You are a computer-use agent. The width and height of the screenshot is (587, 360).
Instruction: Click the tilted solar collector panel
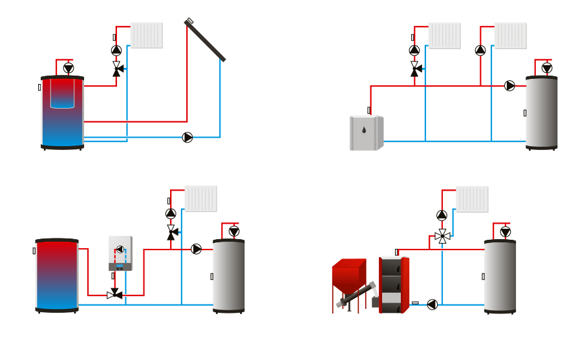[x=205, y=40]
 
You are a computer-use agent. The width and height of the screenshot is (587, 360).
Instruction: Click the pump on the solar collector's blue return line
[x=187, y=137]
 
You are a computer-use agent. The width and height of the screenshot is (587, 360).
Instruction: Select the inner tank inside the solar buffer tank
[x=62, y=94]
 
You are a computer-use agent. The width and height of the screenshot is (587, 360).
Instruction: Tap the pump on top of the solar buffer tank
[x=69, y=68]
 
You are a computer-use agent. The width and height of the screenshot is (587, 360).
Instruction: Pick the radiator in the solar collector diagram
[x=147, y=36]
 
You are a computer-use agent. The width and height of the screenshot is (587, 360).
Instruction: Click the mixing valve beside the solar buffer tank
[x=116, y=68]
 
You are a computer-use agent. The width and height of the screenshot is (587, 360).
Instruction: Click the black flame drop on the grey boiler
[x=364, y=130]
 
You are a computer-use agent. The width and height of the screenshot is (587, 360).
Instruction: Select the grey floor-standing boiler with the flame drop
[x=366, y=133]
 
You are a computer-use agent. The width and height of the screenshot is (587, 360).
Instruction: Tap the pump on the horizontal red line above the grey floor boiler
[x=509, y=85]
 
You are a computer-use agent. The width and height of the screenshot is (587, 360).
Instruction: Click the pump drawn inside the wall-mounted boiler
[x=120, y=249]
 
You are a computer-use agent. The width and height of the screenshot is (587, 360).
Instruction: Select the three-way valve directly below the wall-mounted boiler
[x=115, y=295]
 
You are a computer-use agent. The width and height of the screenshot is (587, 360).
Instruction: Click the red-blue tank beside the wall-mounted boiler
[x=57, y=275]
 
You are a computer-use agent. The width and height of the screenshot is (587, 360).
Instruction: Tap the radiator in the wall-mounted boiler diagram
[x=201, y=198]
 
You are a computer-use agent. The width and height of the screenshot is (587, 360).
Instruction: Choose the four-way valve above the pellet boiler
[x=442, y=237]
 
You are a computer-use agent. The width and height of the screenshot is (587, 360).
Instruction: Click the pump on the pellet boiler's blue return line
[x=432, y=304]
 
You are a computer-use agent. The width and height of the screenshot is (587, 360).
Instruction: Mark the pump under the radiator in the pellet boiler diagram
[x=442, y=215]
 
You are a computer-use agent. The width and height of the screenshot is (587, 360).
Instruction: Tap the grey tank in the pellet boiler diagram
[x=500, y=277]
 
